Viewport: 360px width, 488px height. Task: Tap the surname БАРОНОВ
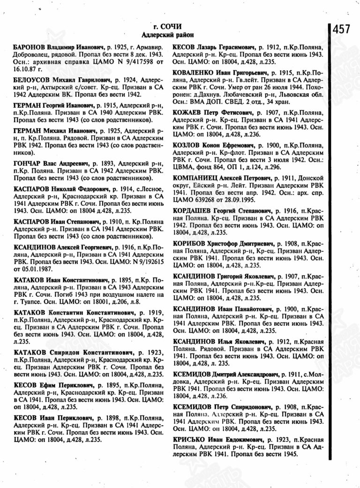[29, 47]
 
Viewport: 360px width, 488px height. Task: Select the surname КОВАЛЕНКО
[194, 74]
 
